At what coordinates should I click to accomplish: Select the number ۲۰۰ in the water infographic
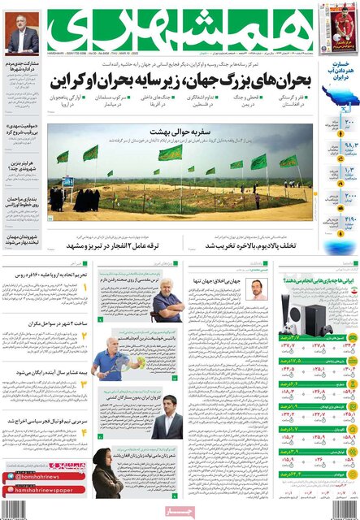pos(328,123)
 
